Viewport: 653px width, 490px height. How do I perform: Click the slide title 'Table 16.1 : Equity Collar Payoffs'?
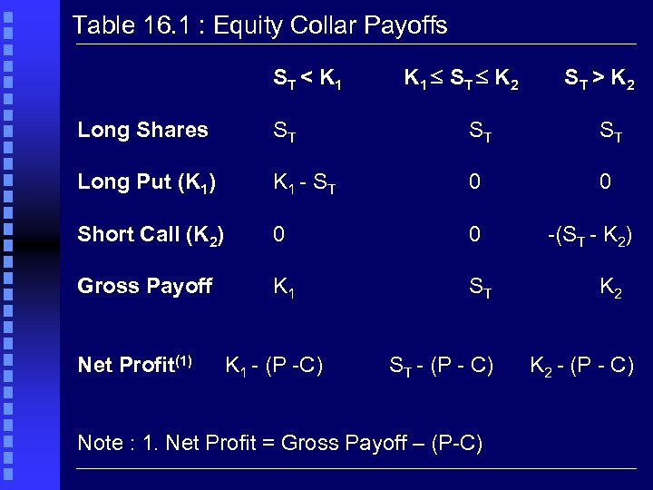[259, 25]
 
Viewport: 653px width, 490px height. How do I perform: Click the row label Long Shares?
[143, 130]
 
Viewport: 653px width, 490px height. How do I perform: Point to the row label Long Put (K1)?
[147, 182]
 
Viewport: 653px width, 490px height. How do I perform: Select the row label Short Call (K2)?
[151, 235]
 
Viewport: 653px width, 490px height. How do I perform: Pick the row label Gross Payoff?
[145, 287]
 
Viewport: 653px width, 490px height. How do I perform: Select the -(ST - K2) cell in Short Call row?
[590, 235]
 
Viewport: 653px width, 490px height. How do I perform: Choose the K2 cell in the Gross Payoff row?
[609, 288]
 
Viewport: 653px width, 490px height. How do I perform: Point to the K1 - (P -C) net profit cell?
[274, 366]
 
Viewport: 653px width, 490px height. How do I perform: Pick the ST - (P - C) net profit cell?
[442, 366]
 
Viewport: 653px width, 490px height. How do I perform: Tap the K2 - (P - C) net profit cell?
[581, 366]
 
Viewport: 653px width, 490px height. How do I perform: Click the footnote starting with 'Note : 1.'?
[280, 443]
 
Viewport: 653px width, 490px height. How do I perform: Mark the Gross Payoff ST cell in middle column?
[481, 288]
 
